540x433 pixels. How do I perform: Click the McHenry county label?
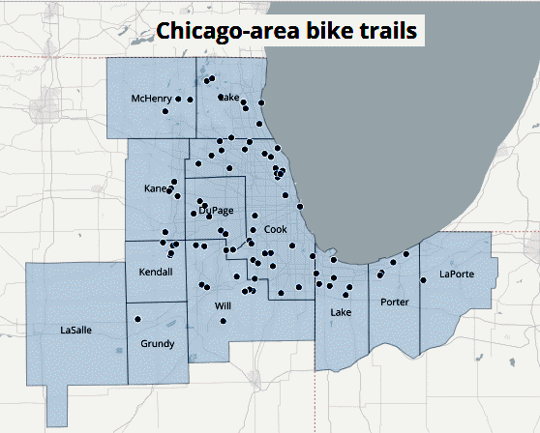click(151, 99)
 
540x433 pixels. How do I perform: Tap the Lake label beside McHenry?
click(230, 98)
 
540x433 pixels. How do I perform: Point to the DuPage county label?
click(215, 211)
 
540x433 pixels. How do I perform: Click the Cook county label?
click(275, 229)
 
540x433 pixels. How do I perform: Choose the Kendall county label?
click(155, 272)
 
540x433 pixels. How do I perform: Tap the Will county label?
click(223, 305)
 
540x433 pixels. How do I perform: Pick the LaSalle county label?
click(75, 330)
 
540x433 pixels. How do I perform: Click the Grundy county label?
click(157, 343)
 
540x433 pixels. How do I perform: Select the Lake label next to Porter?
click(340, 312)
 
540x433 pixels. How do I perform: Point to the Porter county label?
click(395, 303)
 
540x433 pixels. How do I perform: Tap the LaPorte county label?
click(456, 274)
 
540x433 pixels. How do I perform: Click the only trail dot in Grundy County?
click(137, 319)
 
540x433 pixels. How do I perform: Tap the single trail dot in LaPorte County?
click(423, 279)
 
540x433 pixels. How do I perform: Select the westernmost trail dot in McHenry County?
click(165, 111)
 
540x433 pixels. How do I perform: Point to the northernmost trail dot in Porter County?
click(406, 254)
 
